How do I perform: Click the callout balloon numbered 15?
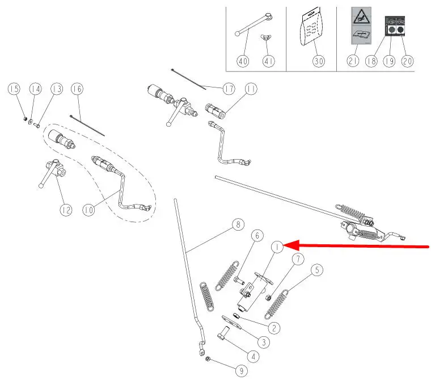(14, 89)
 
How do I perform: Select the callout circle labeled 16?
(77, 89)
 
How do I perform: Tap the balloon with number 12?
(67, 210)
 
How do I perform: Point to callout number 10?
(88, 210)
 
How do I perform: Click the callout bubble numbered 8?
(239, 225)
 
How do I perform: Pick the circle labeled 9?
(241, 371)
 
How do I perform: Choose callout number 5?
(316, 270)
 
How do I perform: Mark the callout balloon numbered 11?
(251, 89)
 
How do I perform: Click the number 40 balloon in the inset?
(242, 61)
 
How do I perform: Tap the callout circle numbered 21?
(353, 61)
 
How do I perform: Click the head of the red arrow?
(285, 245)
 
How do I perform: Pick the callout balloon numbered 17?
(229, 89)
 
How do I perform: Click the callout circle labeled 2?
(274, 328)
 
